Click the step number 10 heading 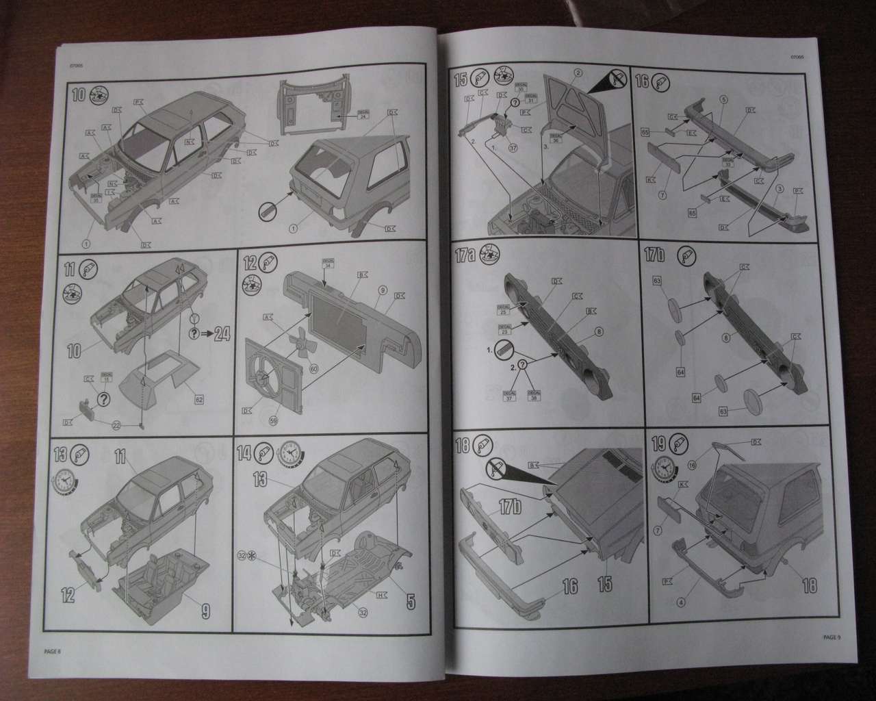(x=79, y=94)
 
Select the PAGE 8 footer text (x=52, y=650)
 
